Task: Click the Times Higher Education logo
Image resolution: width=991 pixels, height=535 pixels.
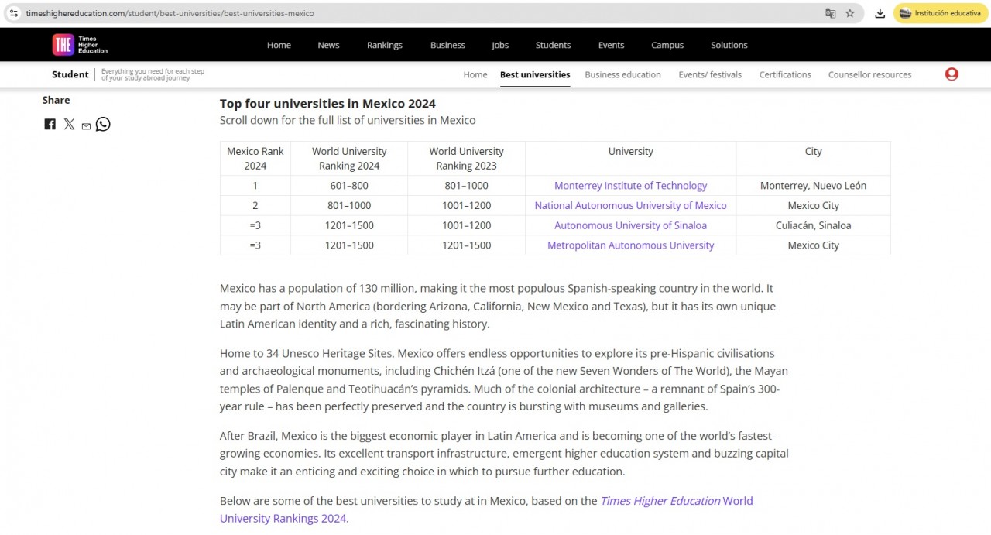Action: (80, 45)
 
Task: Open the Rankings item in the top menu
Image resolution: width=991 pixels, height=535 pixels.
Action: (385, 45)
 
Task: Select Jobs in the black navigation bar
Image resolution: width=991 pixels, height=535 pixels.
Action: (500, 45)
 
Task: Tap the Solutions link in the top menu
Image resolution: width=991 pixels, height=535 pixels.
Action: (729, 45)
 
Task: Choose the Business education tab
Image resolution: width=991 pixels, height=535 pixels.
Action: (622, 75)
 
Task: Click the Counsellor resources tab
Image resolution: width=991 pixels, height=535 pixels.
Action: (869, 75)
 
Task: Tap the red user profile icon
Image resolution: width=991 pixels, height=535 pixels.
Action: (952, 74)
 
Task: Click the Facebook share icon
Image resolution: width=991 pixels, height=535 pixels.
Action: (50, 124)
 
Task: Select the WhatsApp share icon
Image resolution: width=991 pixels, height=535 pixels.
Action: (103, 124)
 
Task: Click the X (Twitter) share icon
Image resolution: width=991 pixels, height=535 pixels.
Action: (69, 124)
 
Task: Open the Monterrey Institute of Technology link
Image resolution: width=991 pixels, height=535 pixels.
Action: (630, 186)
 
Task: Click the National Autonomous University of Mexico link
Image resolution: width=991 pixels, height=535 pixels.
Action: (630, 206)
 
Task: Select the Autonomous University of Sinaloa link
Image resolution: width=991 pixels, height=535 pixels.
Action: (630, 225)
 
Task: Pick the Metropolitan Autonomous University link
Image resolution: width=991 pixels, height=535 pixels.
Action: (630, 245)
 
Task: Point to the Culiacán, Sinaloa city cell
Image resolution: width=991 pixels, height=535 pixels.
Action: (813, 225)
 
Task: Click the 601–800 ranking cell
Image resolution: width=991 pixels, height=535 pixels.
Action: (349, 186)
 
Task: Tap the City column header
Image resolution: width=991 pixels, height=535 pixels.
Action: (813, 152)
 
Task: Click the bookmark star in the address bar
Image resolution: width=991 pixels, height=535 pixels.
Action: (850, 13)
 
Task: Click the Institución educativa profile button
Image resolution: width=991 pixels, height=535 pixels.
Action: (941, 13)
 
